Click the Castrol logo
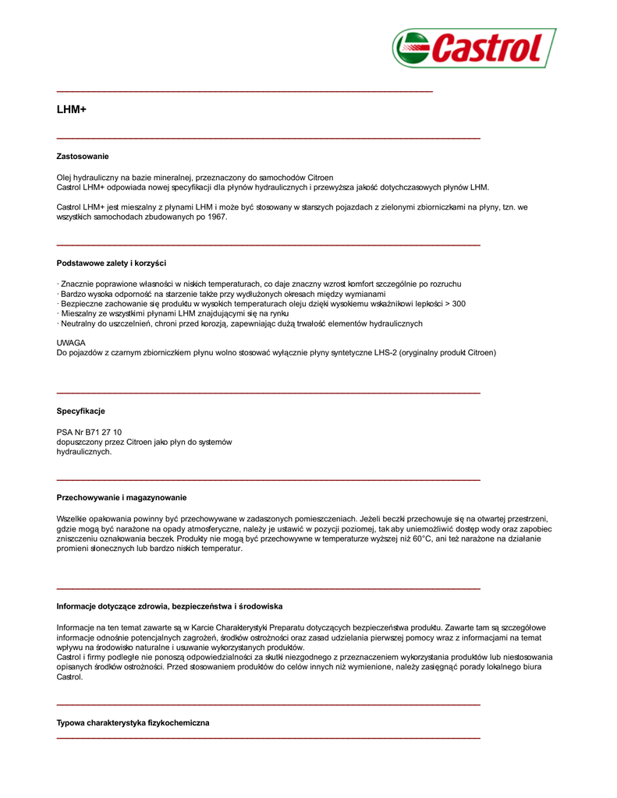(x=474, y=48)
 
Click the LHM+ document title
(x=71, y=111)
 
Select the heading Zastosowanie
(x=83, y=157)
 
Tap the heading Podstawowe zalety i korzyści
(x=111, y=263)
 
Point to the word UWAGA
(x=71, y=343)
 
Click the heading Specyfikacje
(x=80, y=411)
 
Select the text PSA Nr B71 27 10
(x=89, y=432)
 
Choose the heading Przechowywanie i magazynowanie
(x=122, y=497)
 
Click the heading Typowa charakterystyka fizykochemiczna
(x=133, y=723)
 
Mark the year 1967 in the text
(x=217, y=217)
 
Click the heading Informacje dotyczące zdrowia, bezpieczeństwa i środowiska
(x=169, y=606)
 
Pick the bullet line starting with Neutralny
(x=239, y=323)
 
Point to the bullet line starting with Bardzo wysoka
(x=222, y=295)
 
